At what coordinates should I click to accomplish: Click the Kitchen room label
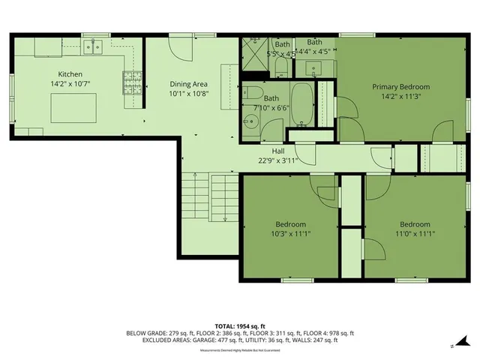(70, 74)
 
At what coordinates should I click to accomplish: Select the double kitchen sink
(94, 48)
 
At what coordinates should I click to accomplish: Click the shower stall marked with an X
(253, 53)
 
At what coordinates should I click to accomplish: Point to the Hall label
(267, 151)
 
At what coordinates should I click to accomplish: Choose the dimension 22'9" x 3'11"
(268, 160)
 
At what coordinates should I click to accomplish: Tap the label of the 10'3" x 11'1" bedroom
(290, 224)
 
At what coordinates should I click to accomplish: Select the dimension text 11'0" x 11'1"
(414, 234)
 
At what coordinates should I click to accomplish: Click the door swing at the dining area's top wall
(178, 48)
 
